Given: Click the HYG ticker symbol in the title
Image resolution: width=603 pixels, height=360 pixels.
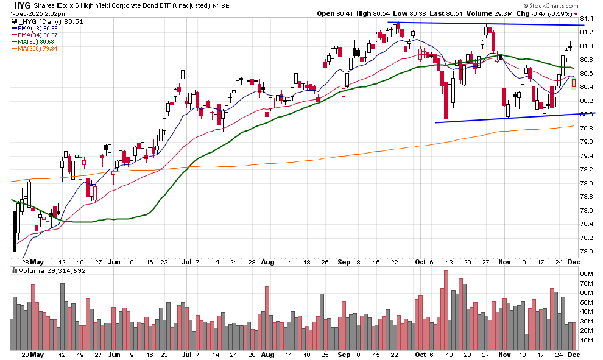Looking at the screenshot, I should coord(22,5).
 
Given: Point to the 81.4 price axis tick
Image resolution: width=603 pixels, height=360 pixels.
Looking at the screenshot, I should coord(587,18).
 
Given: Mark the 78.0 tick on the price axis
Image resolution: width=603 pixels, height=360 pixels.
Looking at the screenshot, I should coord(587,252).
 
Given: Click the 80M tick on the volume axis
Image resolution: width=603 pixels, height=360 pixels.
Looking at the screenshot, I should coord(587,274).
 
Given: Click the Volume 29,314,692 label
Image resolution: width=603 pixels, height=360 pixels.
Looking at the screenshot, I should coord(48,270).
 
